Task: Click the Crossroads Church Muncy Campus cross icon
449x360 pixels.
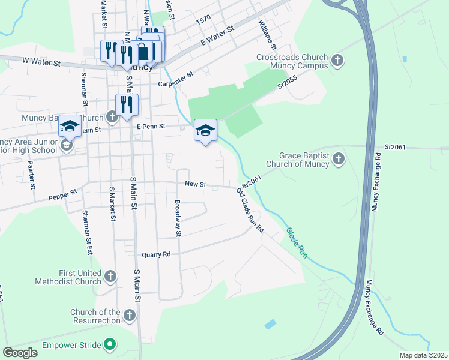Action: pyautogui.click(x=337, y=60)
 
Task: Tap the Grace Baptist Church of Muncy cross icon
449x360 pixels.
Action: pyautogui.click(x=339, y=159)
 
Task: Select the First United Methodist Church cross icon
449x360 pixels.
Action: pyautogui.click(x=110, y=276)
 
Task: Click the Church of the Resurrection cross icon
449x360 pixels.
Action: pyautogui.click(x=129, y=315)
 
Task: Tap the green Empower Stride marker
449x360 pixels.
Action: pyautogui.click(x=109, y=345)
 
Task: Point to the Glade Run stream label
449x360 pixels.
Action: pyautogui.click(x=296, y=242)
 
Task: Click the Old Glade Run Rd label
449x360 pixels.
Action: pyautogui.click(x=250, y=209)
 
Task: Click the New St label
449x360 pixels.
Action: pyautogui.click(x=195, y=184)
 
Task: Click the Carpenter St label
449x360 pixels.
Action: pyautogui.click(x=175, y=77)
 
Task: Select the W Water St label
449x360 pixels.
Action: pyautogui.click(x=41, y=62)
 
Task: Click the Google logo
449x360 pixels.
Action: pyautogui.click(x=20, y=353)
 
